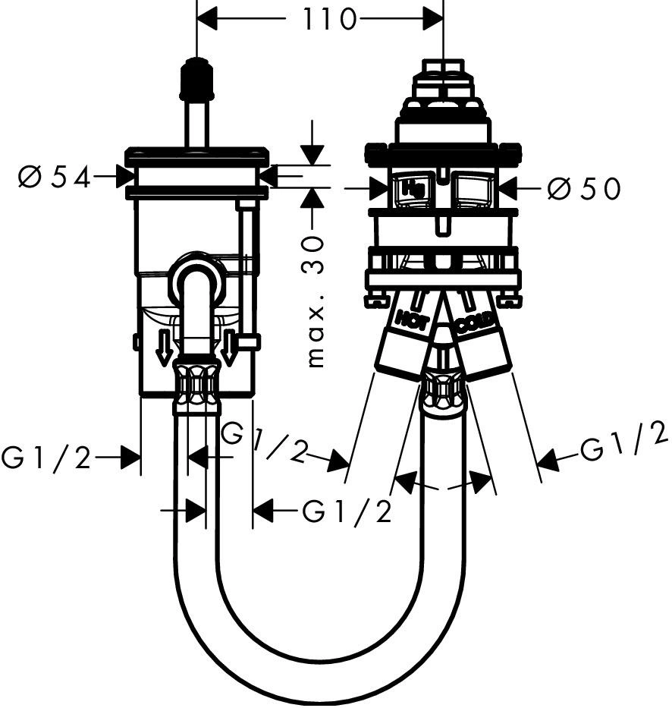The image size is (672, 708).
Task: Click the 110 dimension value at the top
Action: click(328, 19)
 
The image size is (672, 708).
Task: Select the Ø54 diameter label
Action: click(54, 177)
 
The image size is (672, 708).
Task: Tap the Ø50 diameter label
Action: click(585, 188)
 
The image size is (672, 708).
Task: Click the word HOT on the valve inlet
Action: click(412, 319)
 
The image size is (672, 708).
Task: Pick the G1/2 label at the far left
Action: click(46, 458)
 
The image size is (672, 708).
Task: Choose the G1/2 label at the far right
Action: click(623, 440)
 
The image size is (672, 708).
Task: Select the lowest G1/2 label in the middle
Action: click(346, 512)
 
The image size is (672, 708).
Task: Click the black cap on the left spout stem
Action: click(196, 79)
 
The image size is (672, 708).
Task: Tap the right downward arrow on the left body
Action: click(229, 347)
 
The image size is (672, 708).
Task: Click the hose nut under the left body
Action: click(196, 383)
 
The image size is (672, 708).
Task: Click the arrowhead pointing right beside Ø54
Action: click(125, 176)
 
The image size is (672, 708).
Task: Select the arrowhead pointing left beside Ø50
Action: click(507, 187)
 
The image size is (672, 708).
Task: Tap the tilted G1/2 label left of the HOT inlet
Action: click(265, 442)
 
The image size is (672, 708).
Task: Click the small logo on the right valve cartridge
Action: click(414, 187)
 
